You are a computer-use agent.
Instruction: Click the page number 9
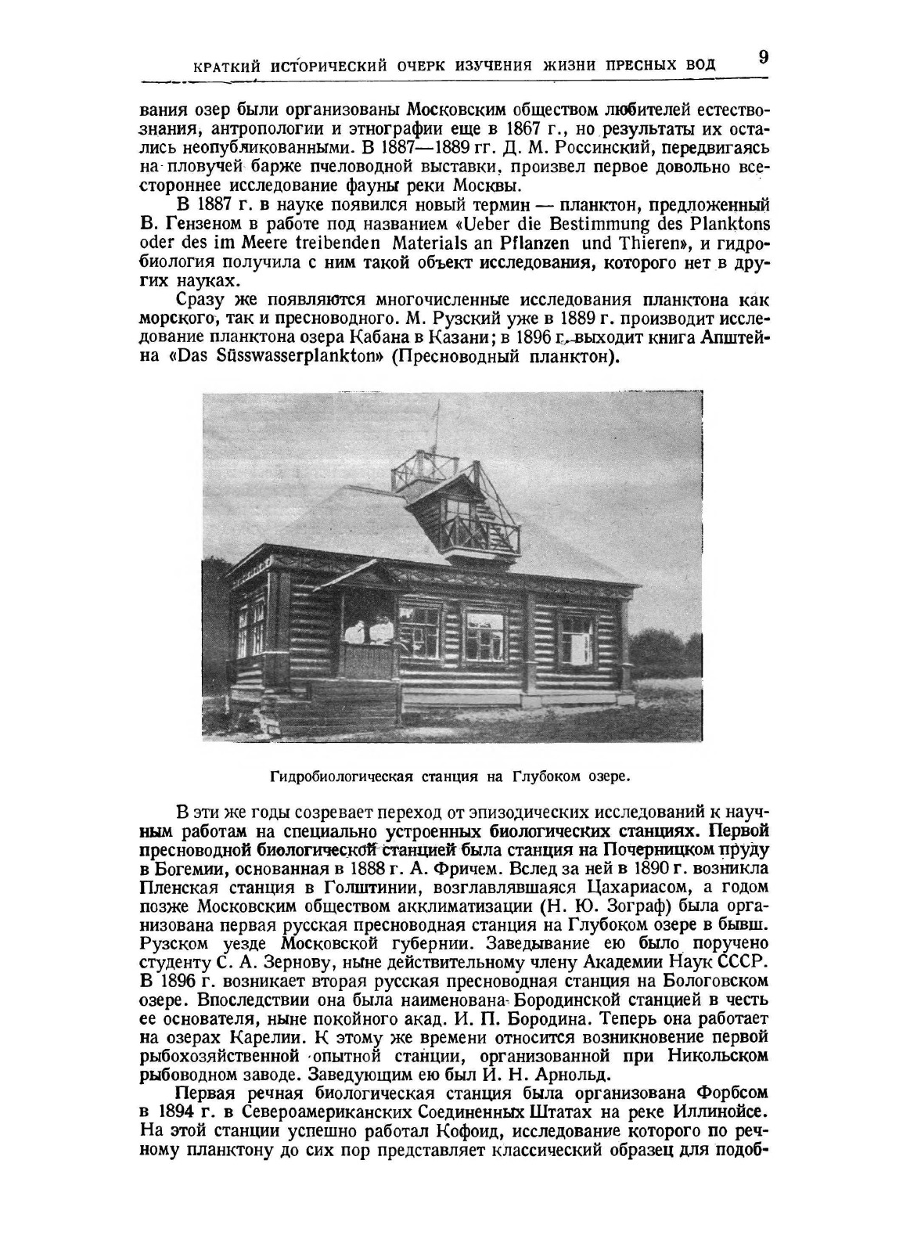pyautogui.click(x=763, y=58)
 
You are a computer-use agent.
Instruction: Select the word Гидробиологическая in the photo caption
pyautogui.click(x=342, y=777)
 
